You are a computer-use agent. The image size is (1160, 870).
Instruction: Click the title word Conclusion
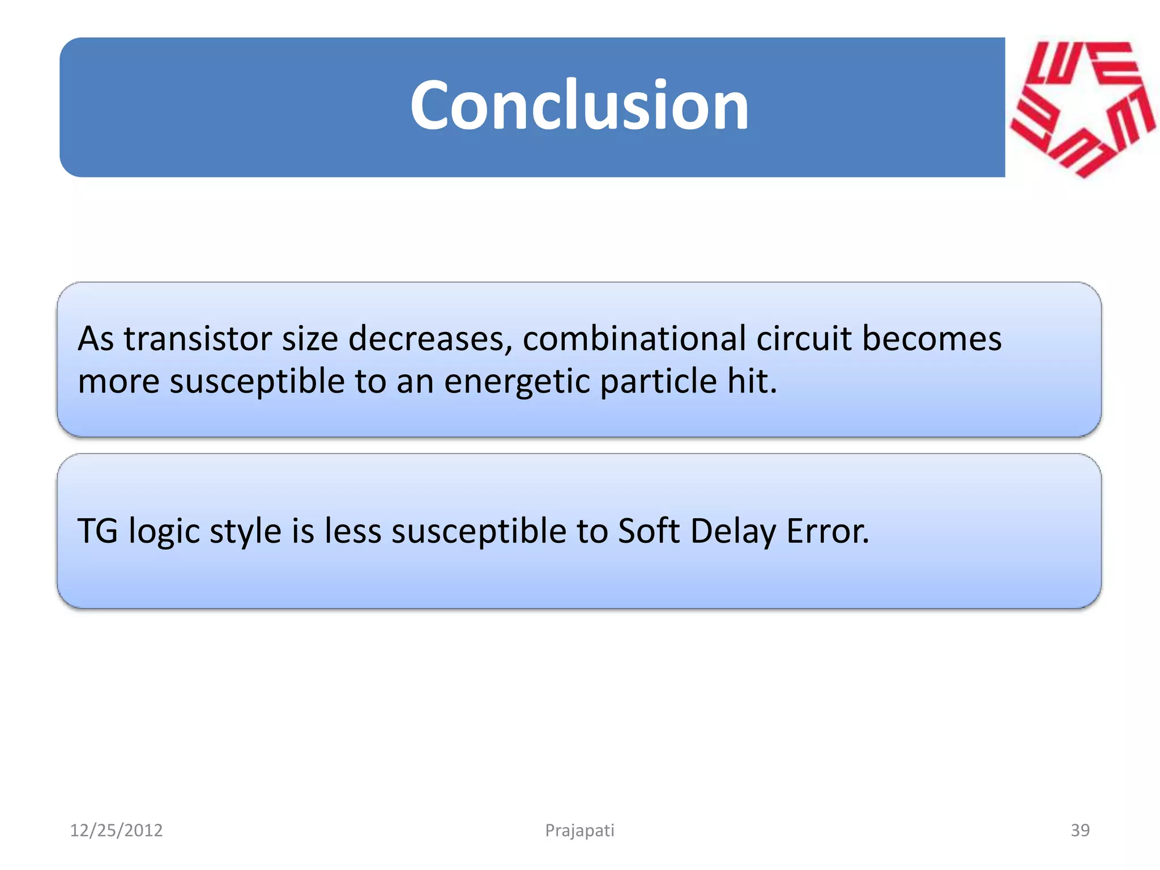[579, 106]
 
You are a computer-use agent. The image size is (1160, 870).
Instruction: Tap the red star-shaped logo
[1082, 108]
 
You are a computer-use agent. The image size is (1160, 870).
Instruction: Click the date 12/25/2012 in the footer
[116, 830]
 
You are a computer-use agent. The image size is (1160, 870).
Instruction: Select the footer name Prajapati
[579, 830]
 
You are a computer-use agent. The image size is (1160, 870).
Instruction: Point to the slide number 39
[1080, 830]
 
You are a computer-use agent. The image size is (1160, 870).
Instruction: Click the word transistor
[198, 339]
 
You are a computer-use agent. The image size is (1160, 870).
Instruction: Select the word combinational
[634, 339]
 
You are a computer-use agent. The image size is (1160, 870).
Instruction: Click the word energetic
[517, 382]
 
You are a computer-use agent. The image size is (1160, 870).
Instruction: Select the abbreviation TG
[97, 531]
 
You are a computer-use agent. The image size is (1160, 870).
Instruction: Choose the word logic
[164, 532]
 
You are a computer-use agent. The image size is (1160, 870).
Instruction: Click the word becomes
[931, 339]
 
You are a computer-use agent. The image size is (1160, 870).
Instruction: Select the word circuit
[804, 339]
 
